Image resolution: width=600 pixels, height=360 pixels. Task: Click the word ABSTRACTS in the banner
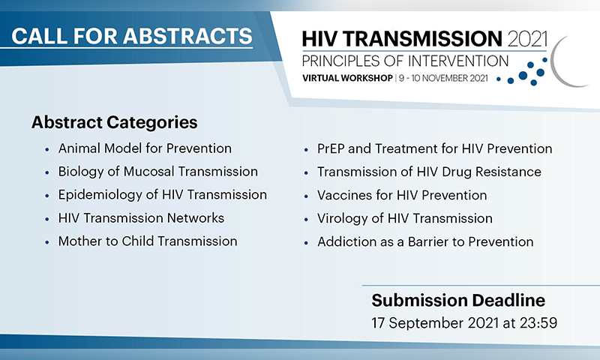point(187,36)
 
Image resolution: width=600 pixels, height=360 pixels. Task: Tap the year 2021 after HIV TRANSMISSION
point(527,39)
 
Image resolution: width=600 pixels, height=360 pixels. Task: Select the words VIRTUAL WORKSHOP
point(347,78)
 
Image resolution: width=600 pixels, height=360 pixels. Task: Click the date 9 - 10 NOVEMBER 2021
point(443,78)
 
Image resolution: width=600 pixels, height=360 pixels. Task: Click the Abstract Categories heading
point(115,122)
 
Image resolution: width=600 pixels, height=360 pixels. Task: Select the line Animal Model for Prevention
point(145,148)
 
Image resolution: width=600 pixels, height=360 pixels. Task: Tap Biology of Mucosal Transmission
point(157,172)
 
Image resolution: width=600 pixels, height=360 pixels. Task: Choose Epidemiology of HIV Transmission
point(162,195)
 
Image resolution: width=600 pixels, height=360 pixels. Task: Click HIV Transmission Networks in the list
point(141,218)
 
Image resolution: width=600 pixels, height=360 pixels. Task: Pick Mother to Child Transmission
point(147,241)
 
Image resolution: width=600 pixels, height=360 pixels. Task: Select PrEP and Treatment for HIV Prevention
point(434,148)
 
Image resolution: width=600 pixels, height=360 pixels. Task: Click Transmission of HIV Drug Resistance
point(429,172)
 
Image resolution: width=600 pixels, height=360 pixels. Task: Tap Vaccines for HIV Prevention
point(402,196)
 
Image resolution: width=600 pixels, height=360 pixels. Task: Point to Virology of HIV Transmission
point(404,218)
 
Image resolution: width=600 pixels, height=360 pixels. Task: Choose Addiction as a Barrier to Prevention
point(425,241)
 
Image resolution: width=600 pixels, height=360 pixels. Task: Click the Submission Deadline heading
point(458,300)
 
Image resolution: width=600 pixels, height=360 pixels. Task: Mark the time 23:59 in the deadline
point(538,323)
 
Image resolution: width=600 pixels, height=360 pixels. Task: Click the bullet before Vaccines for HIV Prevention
point(306,196)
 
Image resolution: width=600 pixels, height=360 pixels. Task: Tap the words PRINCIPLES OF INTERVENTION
point(405,61)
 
